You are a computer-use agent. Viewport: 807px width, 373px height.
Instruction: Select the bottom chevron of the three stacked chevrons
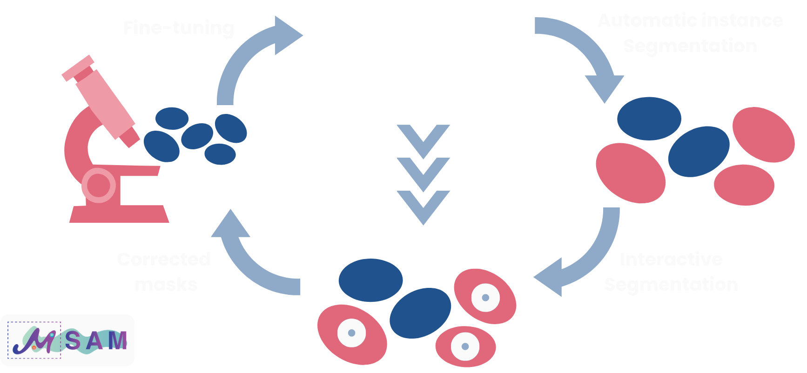423,205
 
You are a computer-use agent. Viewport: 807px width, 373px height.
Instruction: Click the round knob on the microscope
99,186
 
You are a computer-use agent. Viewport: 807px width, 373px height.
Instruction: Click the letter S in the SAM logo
73,341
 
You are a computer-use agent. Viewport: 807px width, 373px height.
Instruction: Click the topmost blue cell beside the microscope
172,118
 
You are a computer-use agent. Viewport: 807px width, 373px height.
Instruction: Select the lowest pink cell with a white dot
465,346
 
